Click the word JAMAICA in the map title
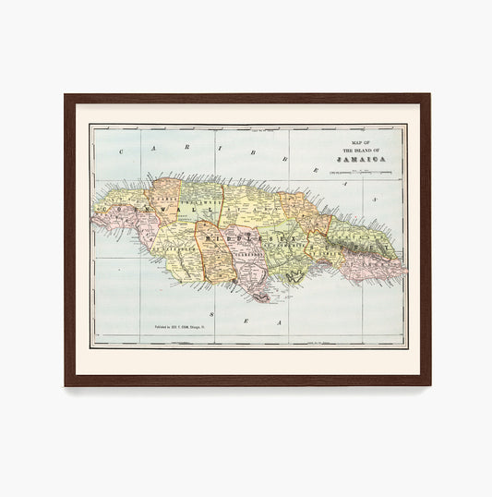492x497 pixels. [361, 159]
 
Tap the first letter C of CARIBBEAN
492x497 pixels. [146, 147]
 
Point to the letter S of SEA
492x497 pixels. [211, 315]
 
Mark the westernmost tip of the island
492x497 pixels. [92, 220]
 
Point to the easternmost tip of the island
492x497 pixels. [406, 272]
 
